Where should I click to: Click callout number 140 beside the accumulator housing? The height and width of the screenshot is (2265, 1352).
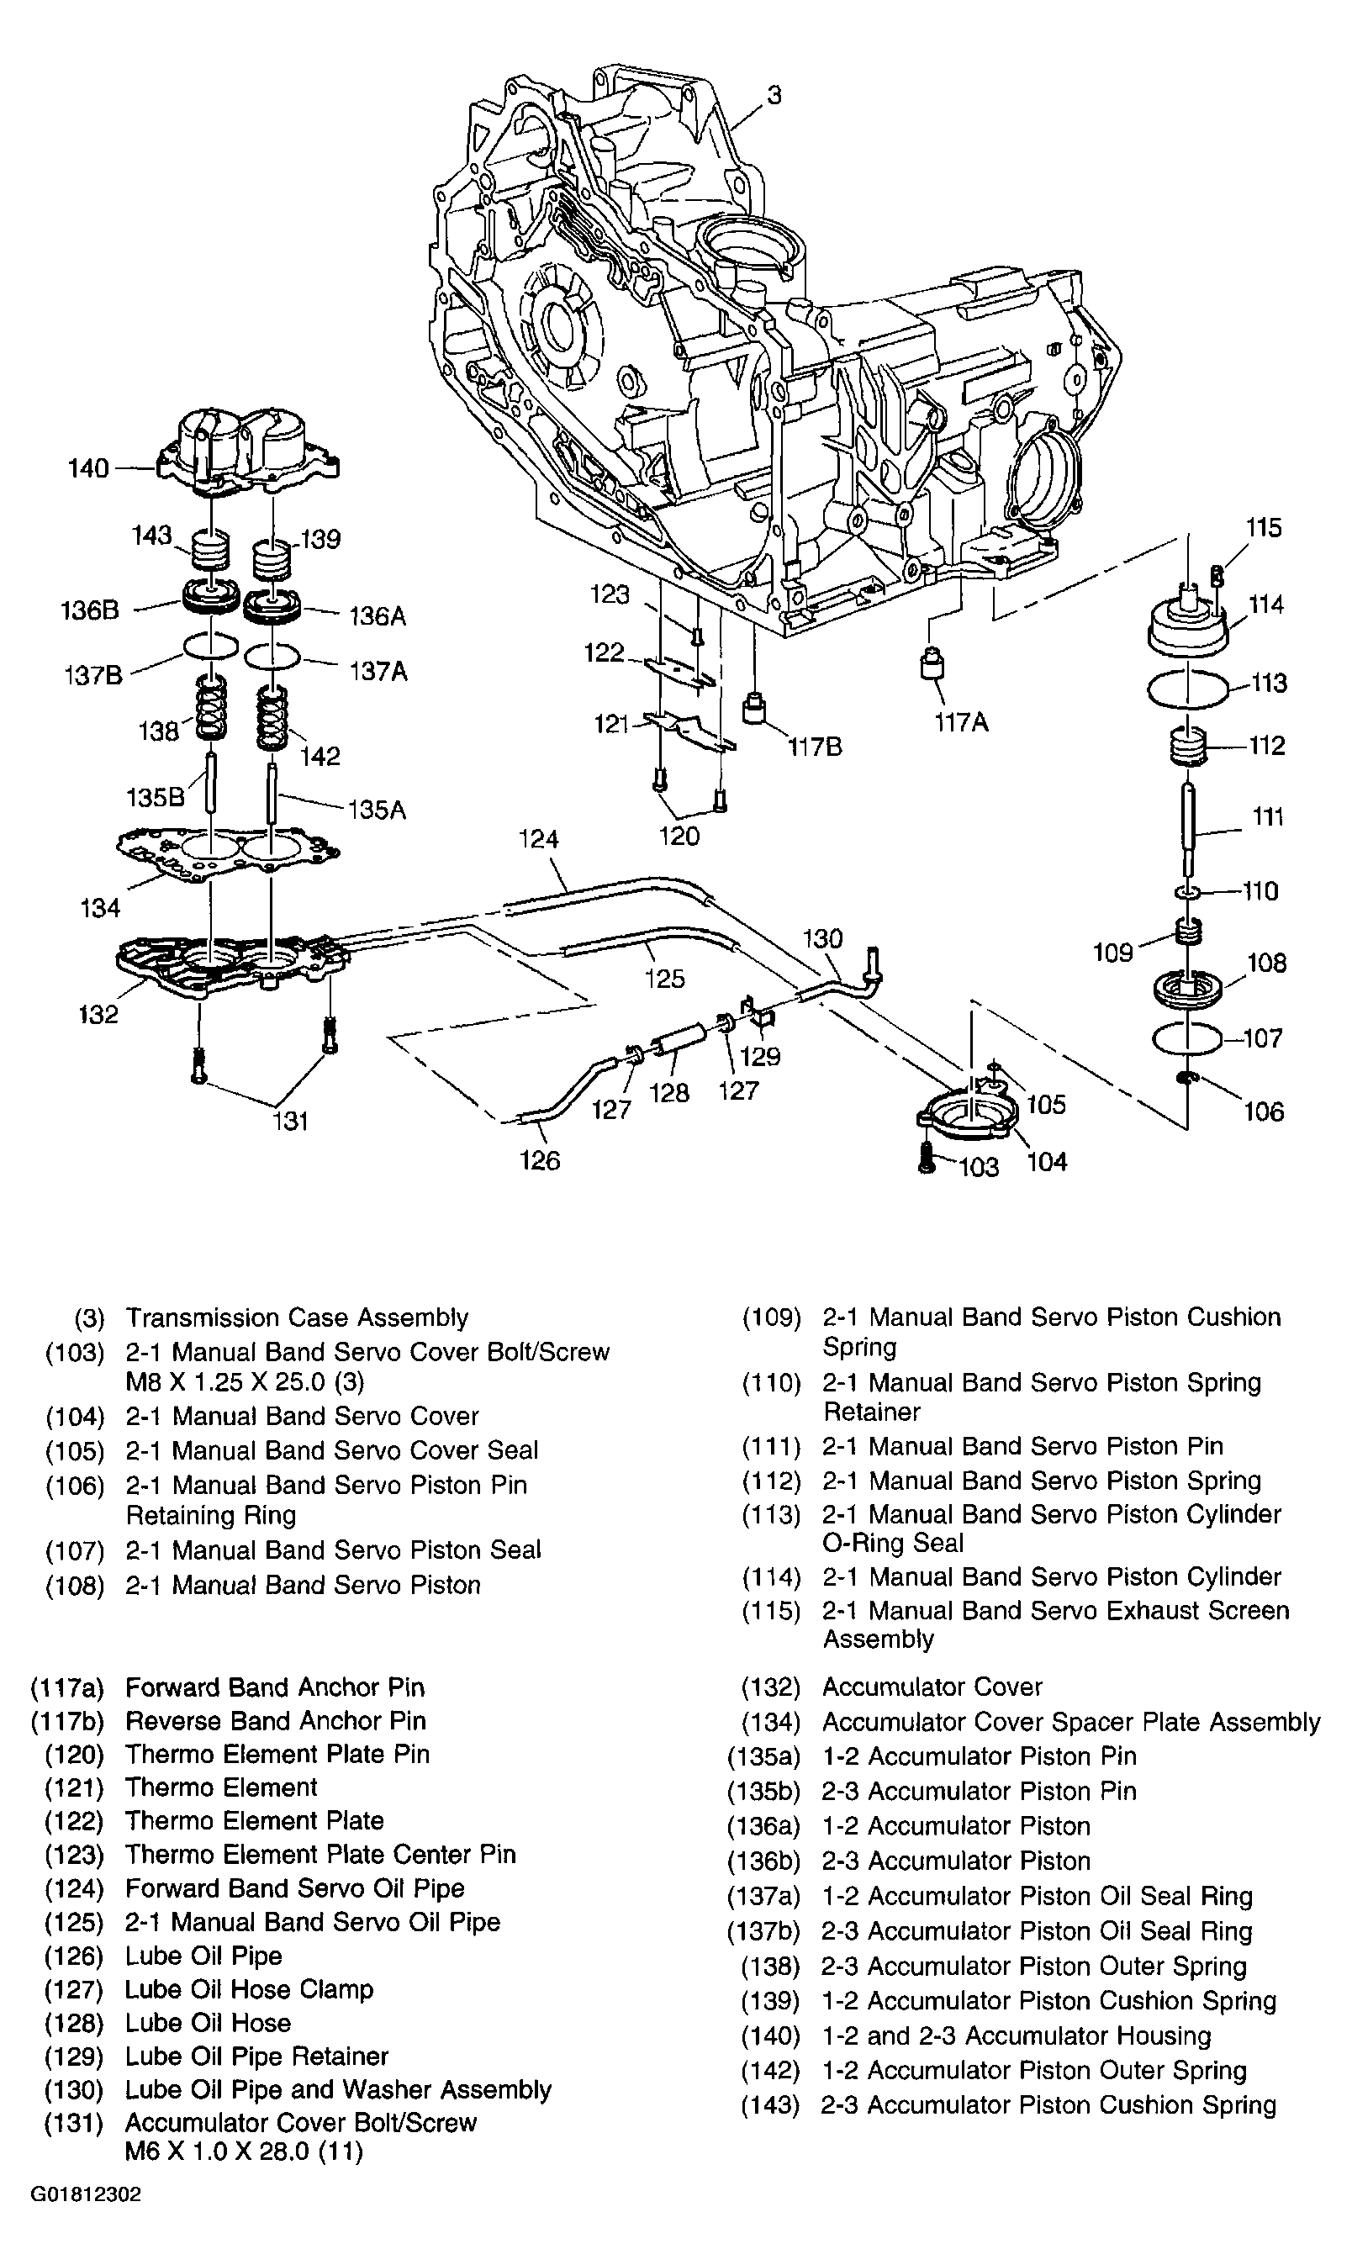click(x=88, y=468)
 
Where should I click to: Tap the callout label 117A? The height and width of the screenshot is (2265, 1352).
click(x=961, y=722)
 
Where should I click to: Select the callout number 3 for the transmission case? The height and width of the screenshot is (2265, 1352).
click(x=774, y=95)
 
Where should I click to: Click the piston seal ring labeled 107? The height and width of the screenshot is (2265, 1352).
click(x=1187, y=1038)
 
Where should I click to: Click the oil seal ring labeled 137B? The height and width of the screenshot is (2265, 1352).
click(x=210, y=647)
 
